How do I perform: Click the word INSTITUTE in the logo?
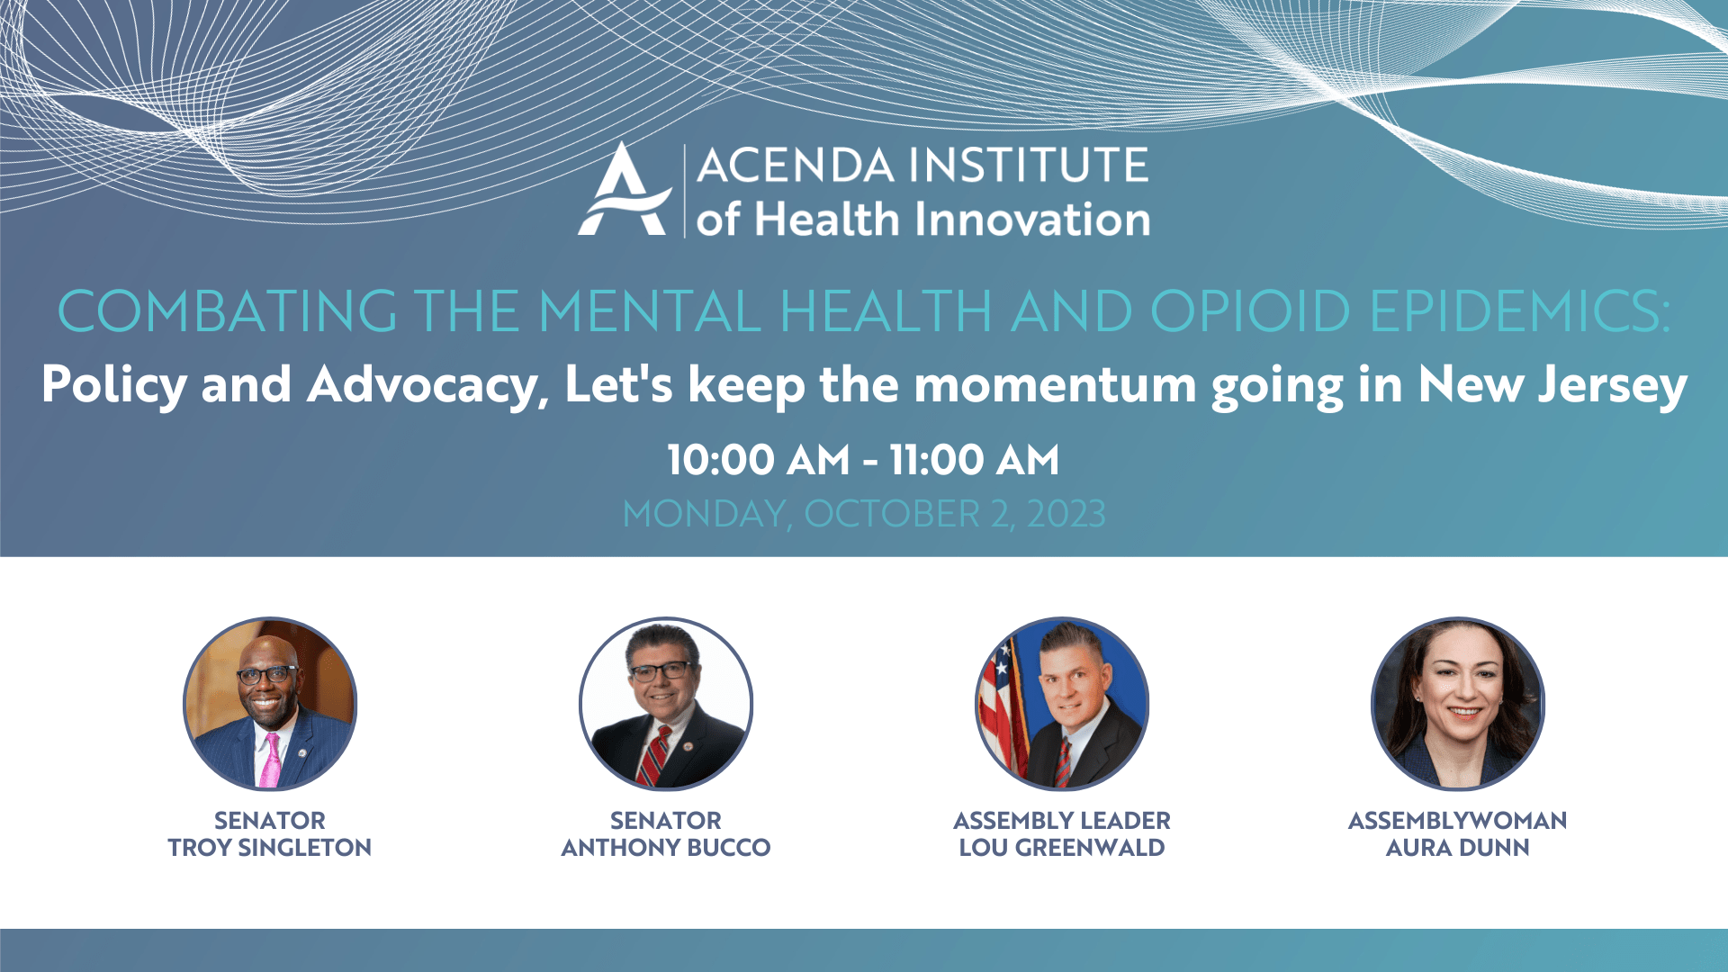coord(1028,166)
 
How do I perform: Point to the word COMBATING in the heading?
coord(227,311)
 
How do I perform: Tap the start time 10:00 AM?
coord(759,460)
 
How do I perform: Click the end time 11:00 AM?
coord(975,460)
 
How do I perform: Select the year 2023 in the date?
coord(1066,514)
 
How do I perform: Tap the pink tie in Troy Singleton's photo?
coord(270,760)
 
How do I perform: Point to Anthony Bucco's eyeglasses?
coord(665,671)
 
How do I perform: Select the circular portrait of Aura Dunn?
coord(1458,704)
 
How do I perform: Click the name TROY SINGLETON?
coord(270,848)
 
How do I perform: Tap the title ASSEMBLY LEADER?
coord(1062,821)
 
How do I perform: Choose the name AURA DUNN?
coord(1458,848)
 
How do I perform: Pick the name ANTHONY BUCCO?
coord(666,848)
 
